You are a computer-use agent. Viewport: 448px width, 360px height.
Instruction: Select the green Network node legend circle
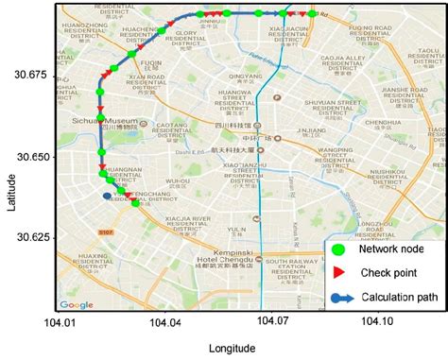click(343, 250)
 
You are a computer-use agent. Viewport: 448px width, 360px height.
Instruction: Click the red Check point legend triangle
click(343, 273)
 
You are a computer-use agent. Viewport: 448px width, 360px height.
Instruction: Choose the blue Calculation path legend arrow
click(343, 294)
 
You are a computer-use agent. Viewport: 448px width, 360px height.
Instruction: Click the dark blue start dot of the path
click(106, 196)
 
